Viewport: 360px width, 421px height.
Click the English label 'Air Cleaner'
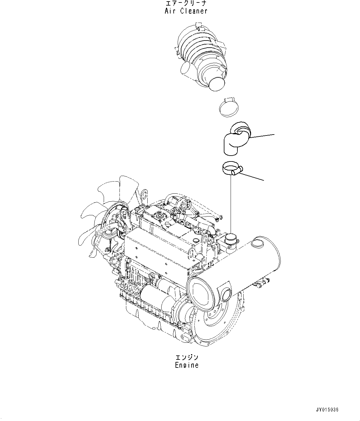(186, 11)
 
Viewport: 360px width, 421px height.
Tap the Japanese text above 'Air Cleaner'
(186, 4)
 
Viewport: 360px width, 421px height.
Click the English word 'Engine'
(186, 365)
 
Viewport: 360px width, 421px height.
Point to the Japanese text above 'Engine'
(186, 358)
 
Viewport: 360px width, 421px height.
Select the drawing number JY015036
(327, 410)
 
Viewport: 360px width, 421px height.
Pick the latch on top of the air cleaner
(199, 26)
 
